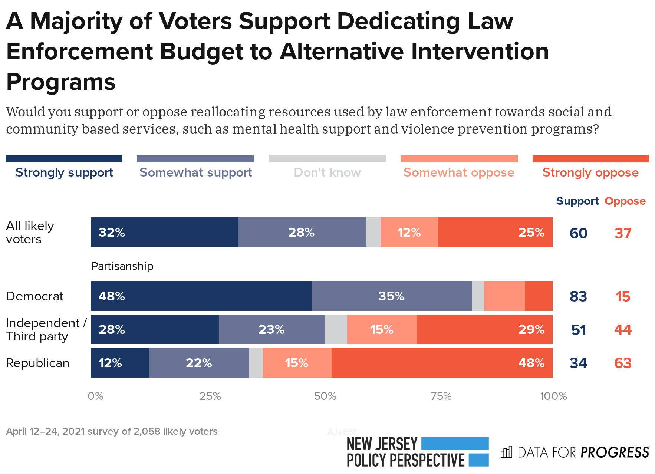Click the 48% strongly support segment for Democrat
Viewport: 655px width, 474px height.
click(x=201, y=296)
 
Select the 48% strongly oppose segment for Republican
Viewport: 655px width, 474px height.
click(x=442, y=363)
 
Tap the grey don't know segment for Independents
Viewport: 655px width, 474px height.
click(x=336, y=329)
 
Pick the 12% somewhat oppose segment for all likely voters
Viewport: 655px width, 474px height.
click(x=409, y=232)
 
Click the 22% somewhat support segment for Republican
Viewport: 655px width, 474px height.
click(x=199, y=363)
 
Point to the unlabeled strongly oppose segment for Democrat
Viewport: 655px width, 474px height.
click(x=539, y=296)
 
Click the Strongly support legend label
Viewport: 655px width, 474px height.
click(x=64, y=172)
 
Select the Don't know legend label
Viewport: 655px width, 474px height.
click(x=327, y=172)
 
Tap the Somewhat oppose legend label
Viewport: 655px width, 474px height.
click(x=459, y=172)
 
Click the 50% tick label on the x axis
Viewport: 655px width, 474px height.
click(x=325, y=396)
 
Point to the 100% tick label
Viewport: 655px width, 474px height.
click(x=553, y=396)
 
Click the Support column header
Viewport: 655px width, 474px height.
click(x=577, y=201)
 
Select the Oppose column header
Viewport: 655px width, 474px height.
click(x=625, y=201)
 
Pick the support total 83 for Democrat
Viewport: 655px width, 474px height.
click(x=578, y=296)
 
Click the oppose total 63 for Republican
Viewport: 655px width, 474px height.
click(x=623, y=363)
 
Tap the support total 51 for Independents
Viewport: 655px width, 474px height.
click(x=578, y=330)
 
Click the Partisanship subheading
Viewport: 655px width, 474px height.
click(x=122, y=266)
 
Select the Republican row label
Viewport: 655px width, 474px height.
click(x=37, y=363)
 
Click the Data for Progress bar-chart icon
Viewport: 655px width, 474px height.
click(x=506, y=452)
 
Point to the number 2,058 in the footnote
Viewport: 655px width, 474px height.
click(x=147, y=431)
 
